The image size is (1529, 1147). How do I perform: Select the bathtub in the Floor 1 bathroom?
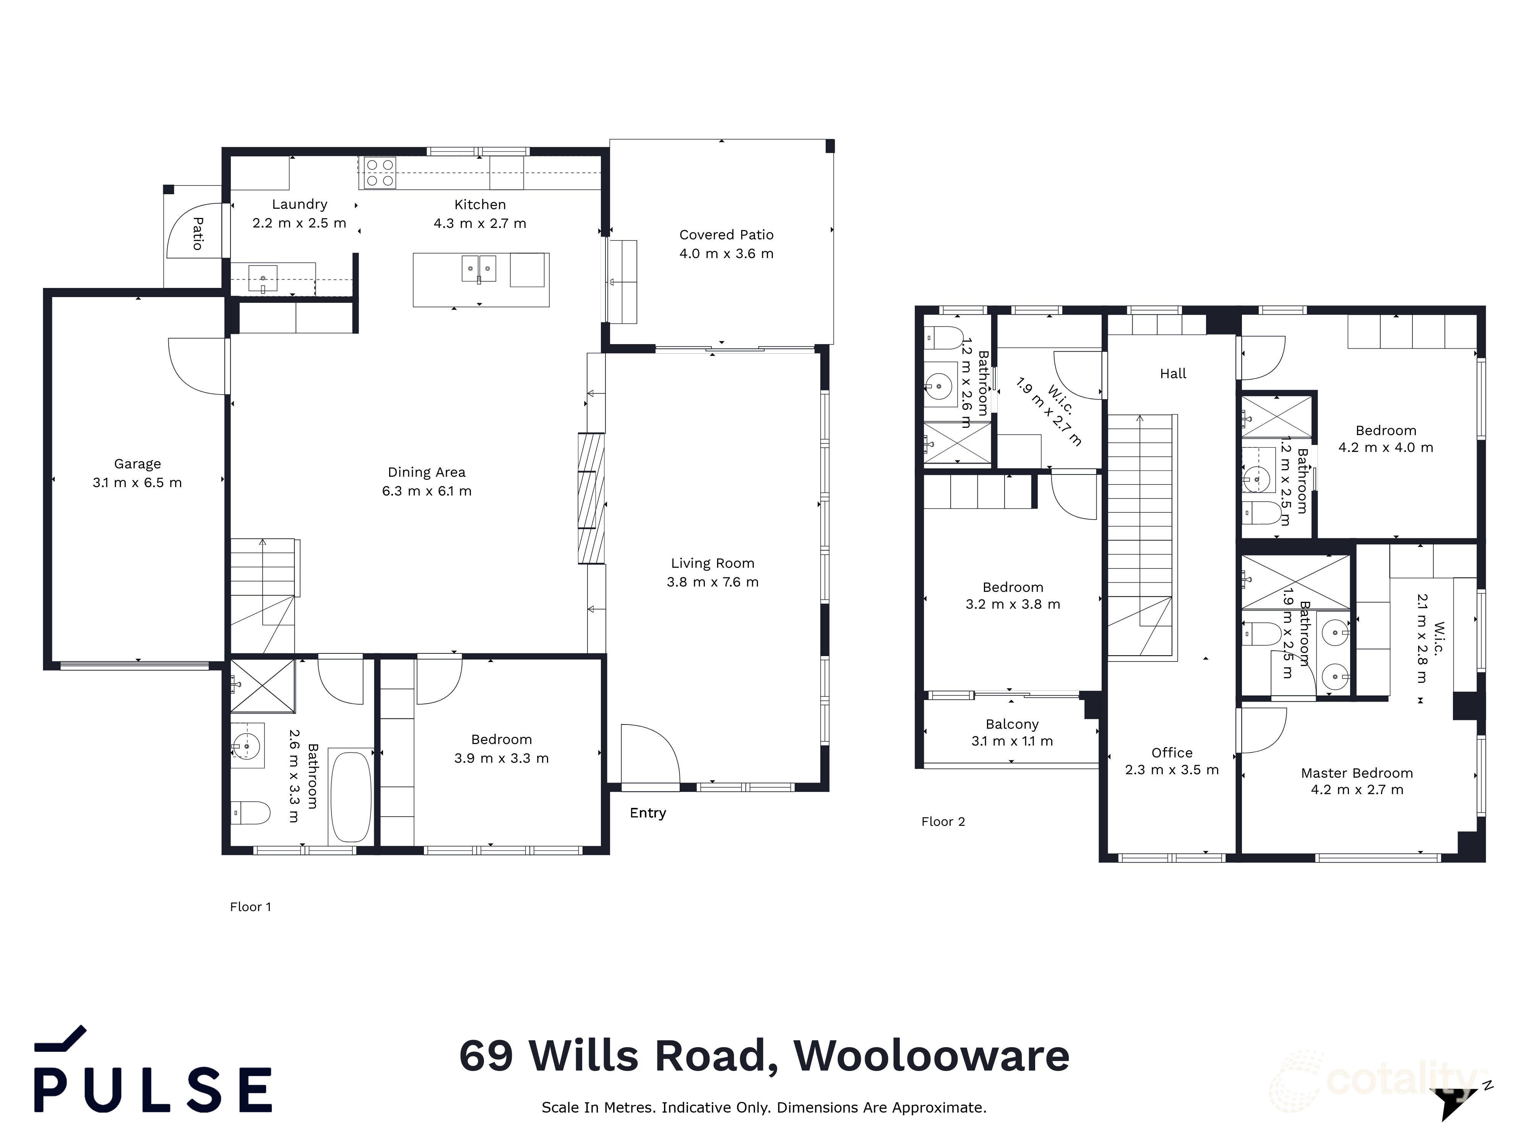[x=351, y=796]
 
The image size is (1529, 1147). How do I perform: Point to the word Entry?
[x=648, y=813]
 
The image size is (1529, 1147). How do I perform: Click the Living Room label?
[x=712, y=564]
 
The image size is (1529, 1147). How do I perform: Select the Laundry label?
[x=299, y=205]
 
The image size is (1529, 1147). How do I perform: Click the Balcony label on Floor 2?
[x=1012, y=725]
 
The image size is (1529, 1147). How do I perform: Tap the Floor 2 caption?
[x=943, y=821]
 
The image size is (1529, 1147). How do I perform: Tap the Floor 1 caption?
[x=250, y=907]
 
